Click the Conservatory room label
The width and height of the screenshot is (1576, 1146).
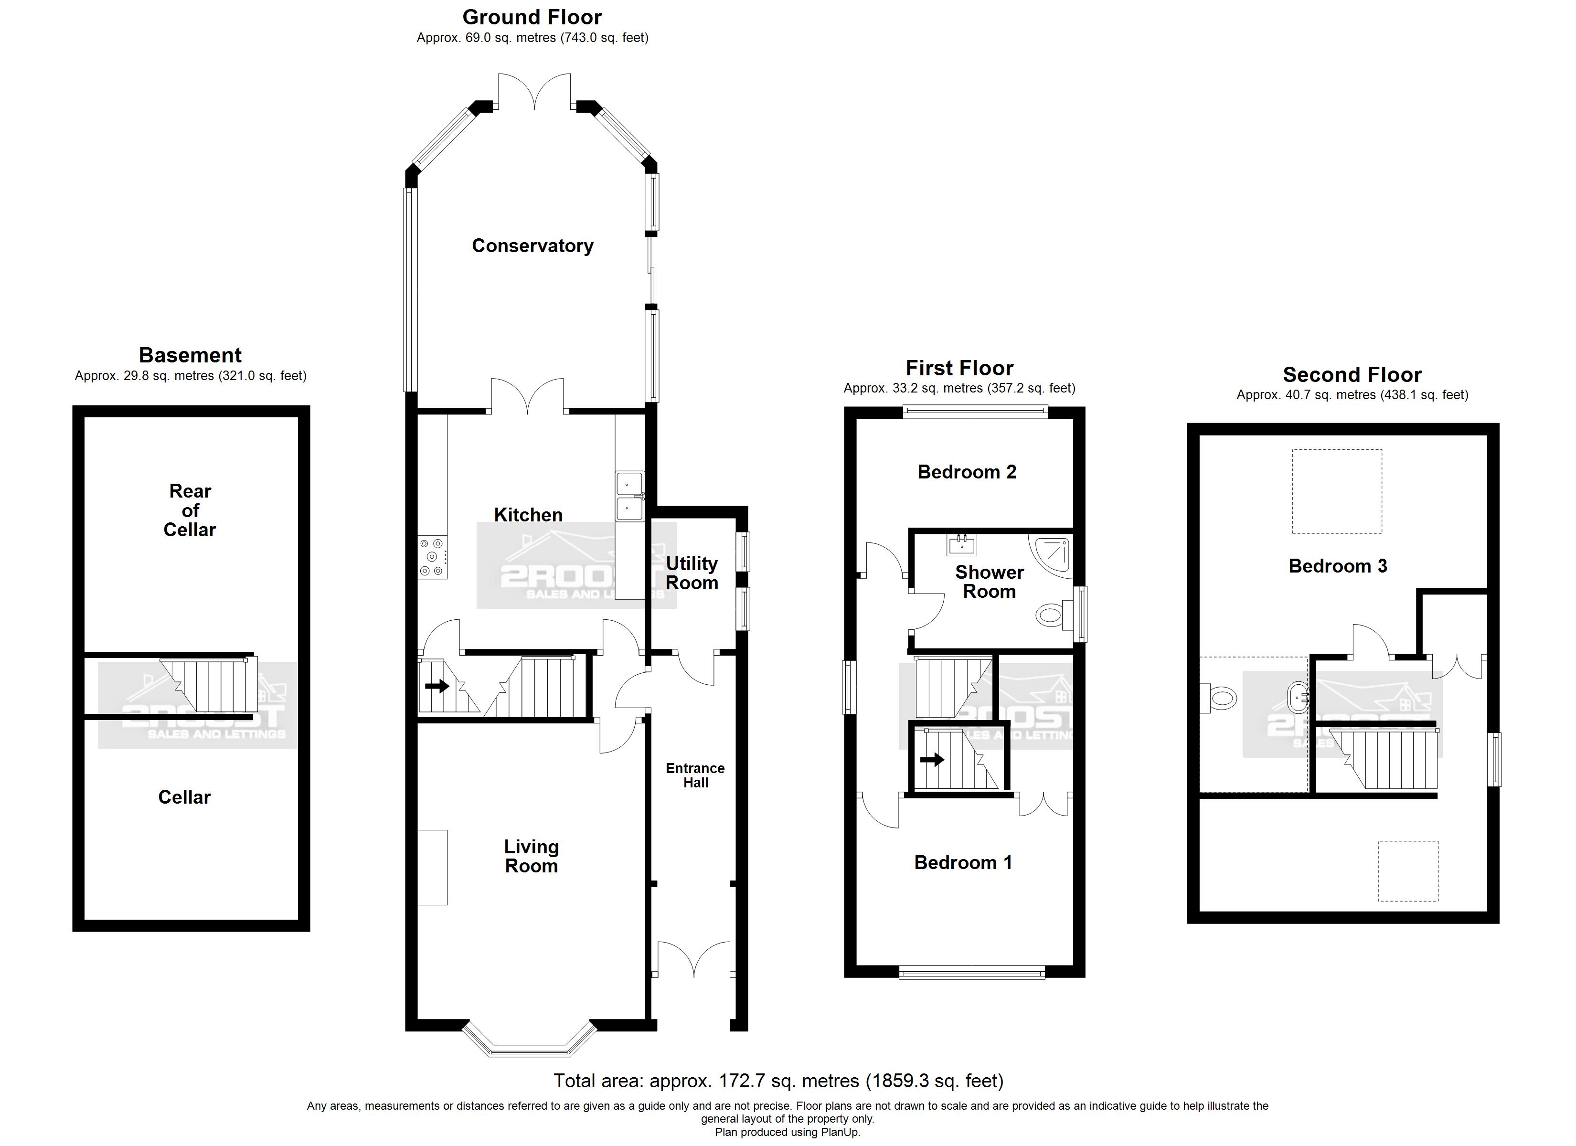[x=532, y=246]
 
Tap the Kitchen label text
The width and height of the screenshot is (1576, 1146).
[x=528, y=515]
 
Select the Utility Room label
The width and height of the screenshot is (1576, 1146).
[x=692, y=573]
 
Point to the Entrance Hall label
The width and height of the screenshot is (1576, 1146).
[x=695, y=775]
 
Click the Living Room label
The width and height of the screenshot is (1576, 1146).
[x=532, y=856]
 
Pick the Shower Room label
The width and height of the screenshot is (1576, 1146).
[x=990, y=582]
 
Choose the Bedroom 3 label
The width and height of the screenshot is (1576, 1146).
[x=1338, y=566]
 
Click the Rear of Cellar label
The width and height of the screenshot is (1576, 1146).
[x=190, y=510]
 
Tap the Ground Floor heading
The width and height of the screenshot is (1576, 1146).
[x=532, y=17]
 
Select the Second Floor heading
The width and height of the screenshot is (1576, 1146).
[x=1352, y=374]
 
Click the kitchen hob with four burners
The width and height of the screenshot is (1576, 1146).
[x=432, y=557]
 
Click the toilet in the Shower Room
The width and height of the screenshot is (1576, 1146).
[x=1054, y=615]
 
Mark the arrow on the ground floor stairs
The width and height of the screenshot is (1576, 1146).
[x=437, y=686]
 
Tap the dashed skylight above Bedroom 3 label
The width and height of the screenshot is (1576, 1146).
[x=1337, y=491]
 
